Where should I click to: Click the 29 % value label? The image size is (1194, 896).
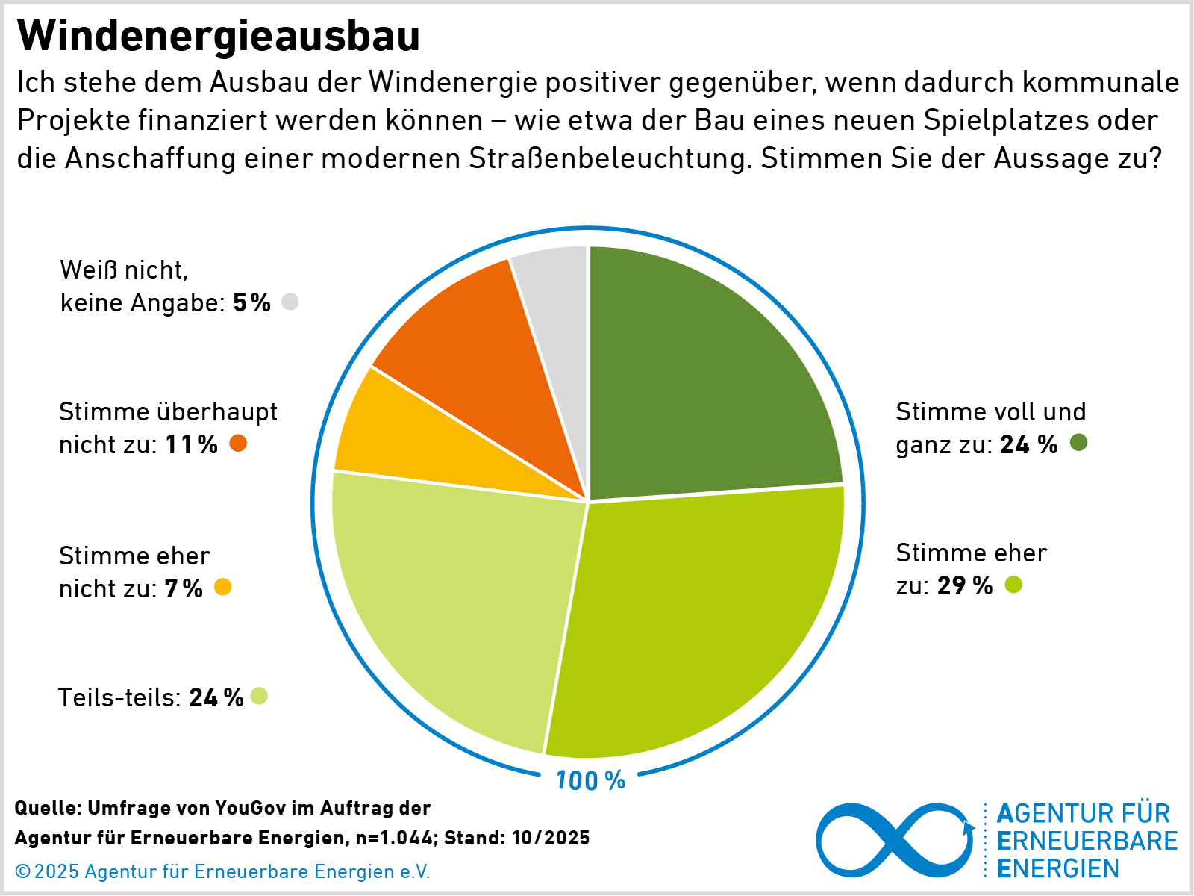coord(965,585)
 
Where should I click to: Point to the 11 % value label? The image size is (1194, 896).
coord(191,445)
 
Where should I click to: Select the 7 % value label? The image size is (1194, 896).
coord(184,589)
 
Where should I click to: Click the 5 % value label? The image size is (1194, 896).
coord(251,303)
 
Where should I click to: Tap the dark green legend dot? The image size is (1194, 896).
coord(1078,443)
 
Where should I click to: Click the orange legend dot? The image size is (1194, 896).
coord(238,444)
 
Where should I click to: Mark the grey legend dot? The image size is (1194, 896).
coord(290,302)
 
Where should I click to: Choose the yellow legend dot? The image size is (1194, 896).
coord(222,587)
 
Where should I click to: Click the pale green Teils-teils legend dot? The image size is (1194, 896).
coord(259,696)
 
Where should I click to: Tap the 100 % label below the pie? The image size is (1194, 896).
coord(590,781)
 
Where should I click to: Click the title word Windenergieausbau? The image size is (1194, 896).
coord(218,36)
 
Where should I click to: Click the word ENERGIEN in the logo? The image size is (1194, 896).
coord(1058,869)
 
